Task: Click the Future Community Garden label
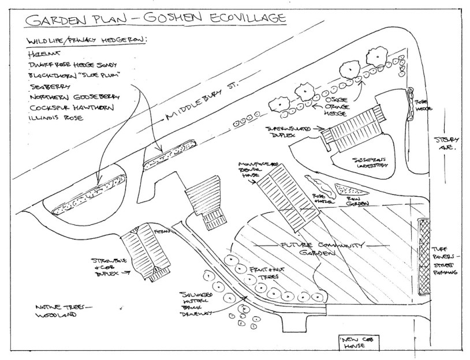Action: point(309,249)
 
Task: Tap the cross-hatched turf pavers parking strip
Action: point(426,254)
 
